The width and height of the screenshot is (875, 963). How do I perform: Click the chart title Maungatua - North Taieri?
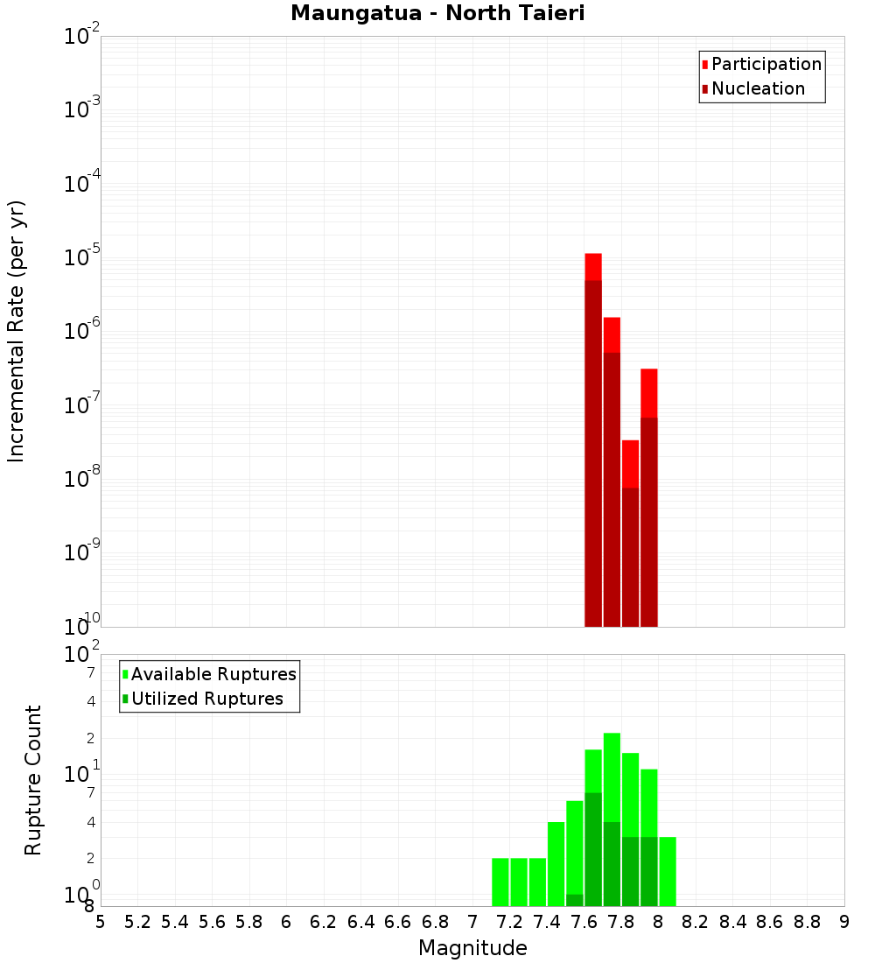(437, 14)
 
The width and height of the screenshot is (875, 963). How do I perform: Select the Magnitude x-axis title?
(472, 948)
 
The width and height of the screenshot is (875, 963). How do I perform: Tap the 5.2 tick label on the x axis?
(137, 922)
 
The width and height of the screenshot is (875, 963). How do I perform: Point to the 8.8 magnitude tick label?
(807, 922)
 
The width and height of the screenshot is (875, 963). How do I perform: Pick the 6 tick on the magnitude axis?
(286, 922)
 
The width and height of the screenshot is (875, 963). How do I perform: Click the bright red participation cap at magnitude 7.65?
(593, 266)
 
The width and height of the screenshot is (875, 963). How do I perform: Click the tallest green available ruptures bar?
(612, 776)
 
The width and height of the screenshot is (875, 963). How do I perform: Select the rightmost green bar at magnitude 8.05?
(668, 871)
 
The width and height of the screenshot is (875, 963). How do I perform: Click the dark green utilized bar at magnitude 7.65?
(593, 849)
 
